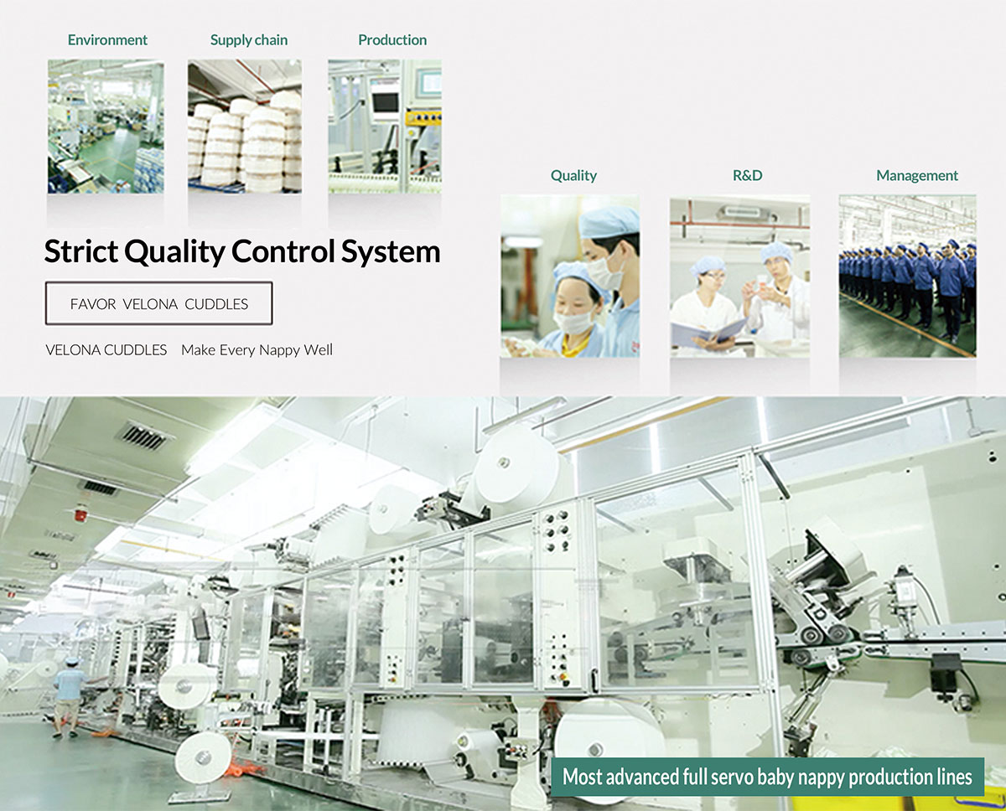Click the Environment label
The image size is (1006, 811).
point(107,40)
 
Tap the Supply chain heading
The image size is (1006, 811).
point(249,40)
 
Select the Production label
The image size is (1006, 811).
point(392,40)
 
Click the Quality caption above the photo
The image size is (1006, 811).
point(573,176)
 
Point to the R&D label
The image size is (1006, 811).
point(747,176)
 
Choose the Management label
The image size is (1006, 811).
point(916,176)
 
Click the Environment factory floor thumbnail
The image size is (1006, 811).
point(106,127)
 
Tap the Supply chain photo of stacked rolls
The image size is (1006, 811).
point(245,127)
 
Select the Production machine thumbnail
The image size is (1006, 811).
point(385,127)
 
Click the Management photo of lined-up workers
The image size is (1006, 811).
point(907,276)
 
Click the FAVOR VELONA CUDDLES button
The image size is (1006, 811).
point(158,303)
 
